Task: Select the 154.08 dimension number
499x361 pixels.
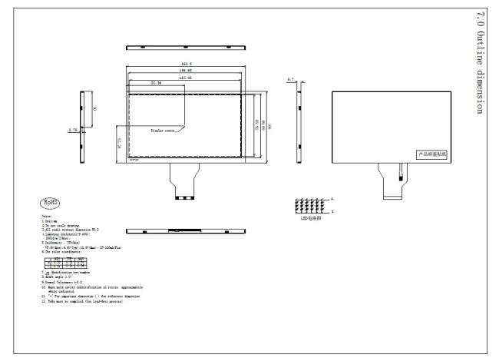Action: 185,78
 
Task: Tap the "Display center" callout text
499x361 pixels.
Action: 164,131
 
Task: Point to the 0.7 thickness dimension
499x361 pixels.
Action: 290,79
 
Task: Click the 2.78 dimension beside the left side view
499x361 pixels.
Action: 73,130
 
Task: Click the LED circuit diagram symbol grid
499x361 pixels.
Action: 311,205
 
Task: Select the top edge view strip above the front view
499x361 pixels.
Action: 185,47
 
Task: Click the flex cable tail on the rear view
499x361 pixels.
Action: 399,181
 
